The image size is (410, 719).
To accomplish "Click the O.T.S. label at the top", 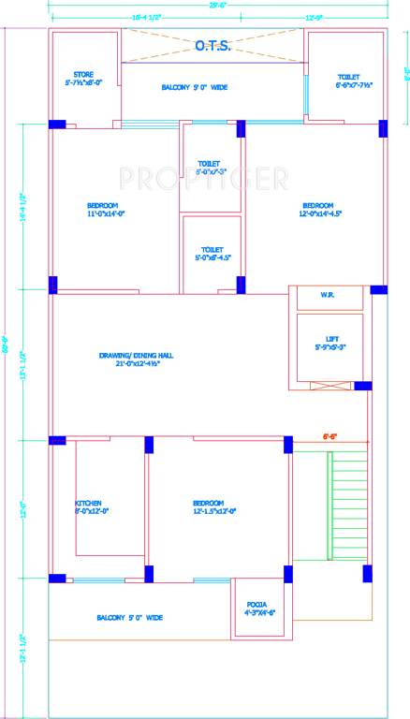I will click(213, 44).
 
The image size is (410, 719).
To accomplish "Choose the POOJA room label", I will click(256, 609).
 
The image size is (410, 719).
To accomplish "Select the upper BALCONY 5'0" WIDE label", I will click(194, 88).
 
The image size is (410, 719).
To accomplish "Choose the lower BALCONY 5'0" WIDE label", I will click(129, 618).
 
